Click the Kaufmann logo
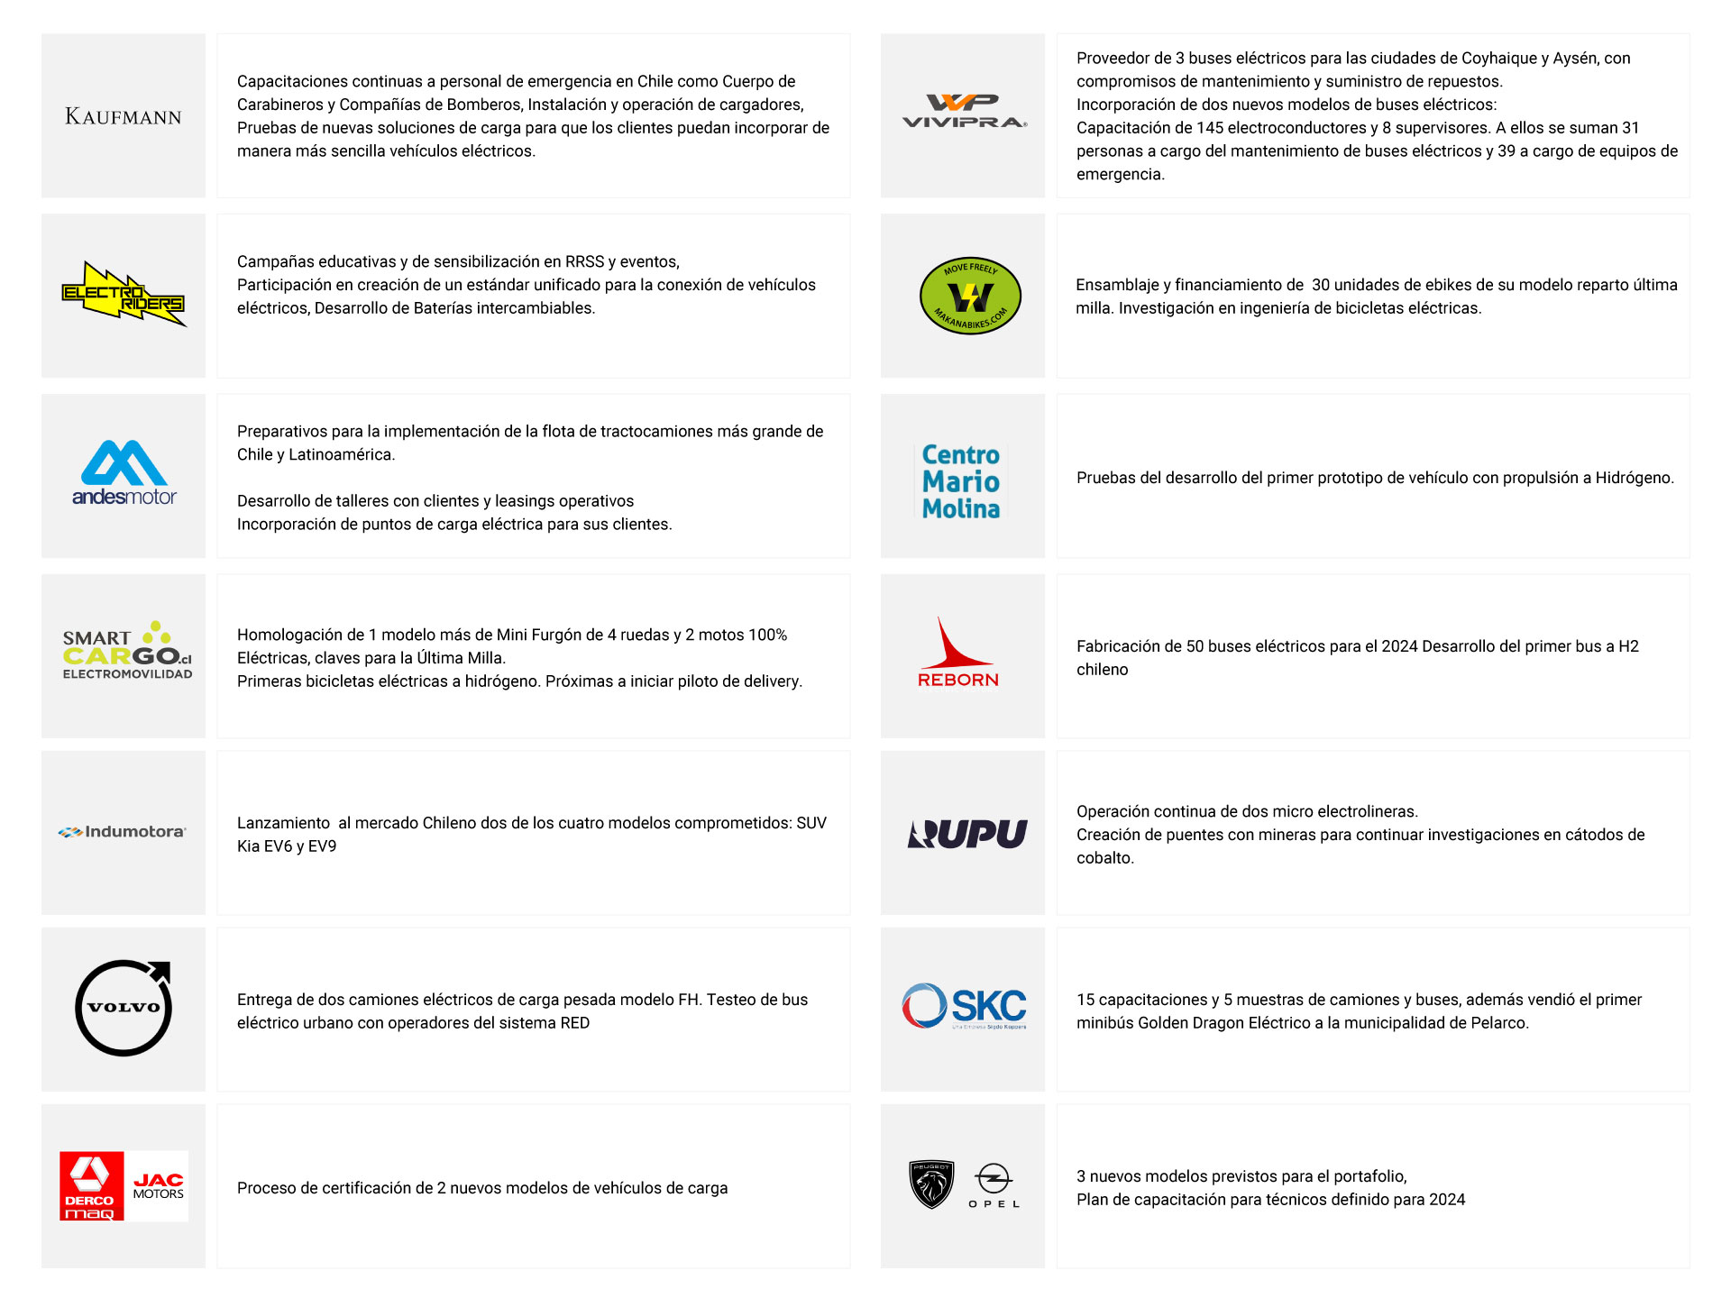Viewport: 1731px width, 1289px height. coord(124,116)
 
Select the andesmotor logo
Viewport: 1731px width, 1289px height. coord(124,474)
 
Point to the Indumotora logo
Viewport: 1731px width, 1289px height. coord(123,832)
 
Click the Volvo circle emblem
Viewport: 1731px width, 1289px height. coord(124,1008)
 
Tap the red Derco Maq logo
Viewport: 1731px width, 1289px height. coord(91,1186)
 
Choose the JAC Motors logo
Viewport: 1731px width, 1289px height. coord(158,1186)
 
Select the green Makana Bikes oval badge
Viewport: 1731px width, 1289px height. coord(970,296)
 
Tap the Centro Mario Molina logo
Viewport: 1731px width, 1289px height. coord(961,481)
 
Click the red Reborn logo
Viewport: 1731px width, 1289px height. coord(957,654)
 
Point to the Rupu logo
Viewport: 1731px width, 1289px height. coord(967,834)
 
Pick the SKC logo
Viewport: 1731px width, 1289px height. coord(964,1007)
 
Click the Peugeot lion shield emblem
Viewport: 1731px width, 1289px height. coord(931,1184)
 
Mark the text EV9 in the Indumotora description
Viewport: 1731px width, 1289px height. coord(322,846)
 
